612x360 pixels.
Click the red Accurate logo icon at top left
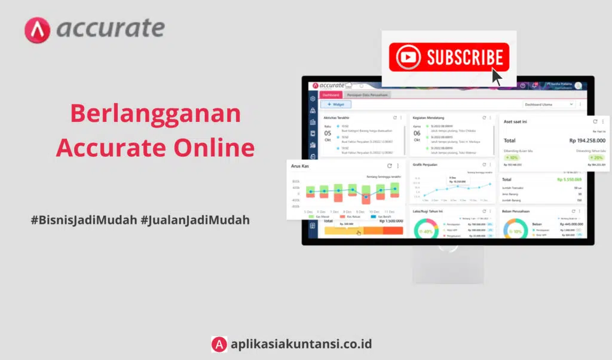point(37,30)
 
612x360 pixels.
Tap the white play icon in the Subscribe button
point(409,57)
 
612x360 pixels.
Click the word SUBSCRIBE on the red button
point(464,57)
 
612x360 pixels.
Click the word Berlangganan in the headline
point(155,114)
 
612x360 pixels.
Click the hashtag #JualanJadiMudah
point(195,220)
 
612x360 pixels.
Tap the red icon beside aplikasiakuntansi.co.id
point(219,344)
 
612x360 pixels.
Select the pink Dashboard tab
point(331,94)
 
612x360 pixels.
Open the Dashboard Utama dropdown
point(549,105)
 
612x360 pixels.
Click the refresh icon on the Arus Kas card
point(390,166)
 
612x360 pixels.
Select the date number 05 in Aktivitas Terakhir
point(328,133)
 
